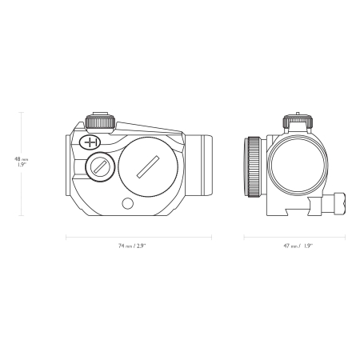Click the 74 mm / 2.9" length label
click(132, 246)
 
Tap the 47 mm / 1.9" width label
click(298, 246)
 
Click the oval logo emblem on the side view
click(90, 142)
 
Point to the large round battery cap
click(148, 167)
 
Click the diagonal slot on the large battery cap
click(148, 166)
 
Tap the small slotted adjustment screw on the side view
click(100, 167)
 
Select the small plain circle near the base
click(127, 203)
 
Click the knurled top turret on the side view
click(101, 122)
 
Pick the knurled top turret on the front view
click(298, 122)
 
